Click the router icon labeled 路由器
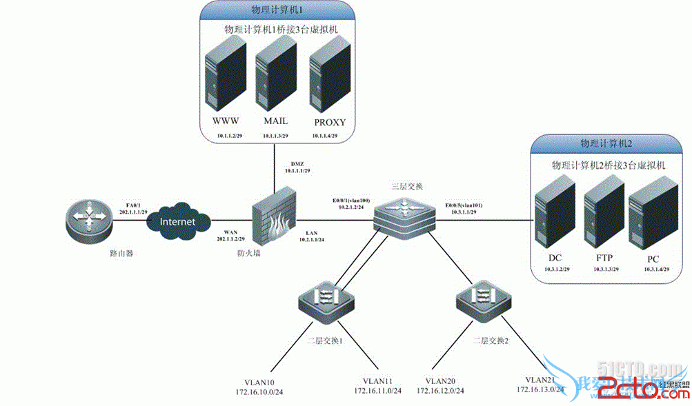(x=88, y=220)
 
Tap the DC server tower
(x=555, y=214)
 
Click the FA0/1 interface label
(x=133, y=204)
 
